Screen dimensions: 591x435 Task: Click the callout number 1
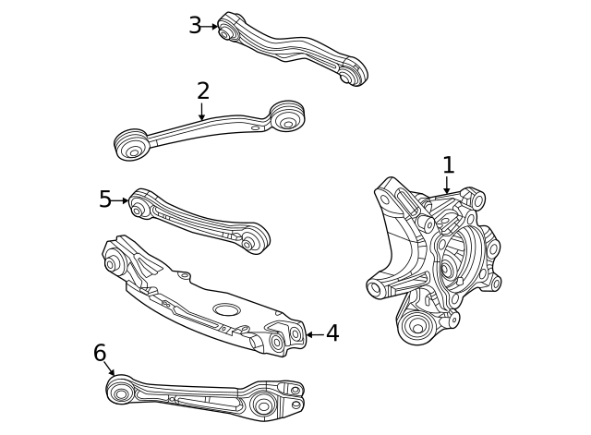448,164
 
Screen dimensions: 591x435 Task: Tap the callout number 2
203,91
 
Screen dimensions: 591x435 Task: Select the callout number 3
195,26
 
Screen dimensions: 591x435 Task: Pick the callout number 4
332,333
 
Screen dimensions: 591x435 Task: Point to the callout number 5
105,199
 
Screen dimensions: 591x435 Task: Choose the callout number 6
100,353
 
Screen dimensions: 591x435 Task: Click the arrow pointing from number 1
447,185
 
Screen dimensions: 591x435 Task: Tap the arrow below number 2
202,112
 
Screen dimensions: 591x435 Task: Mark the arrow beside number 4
315,334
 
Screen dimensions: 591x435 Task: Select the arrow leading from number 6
109,369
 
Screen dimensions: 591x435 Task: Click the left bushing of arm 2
131,144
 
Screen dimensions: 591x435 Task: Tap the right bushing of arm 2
287,115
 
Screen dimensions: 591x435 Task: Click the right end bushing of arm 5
255,240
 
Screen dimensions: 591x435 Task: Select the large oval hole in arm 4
226,309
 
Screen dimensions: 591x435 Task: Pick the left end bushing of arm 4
113,262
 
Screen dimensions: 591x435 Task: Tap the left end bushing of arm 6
121,391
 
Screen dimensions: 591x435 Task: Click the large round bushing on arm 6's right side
262,405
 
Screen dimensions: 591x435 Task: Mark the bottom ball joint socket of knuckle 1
416,326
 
